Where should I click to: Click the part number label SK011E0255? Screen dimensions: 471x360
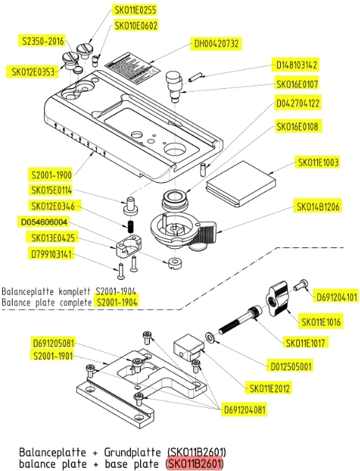[135, 10]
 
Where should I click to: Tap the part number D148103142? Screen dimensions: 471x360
[295, 65]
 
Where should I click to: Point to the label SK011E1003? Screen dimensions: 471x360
[317, 163]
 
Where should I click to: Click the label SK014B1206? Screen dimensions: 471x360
[317, 207]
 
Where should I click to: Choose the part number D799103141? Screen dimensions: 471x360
[52, 254]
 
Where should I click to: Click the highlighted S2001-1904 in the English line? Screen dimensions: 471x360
[116, 302]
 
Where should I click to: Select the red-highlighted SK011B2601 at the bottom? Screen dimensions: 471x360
[194, 463]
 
